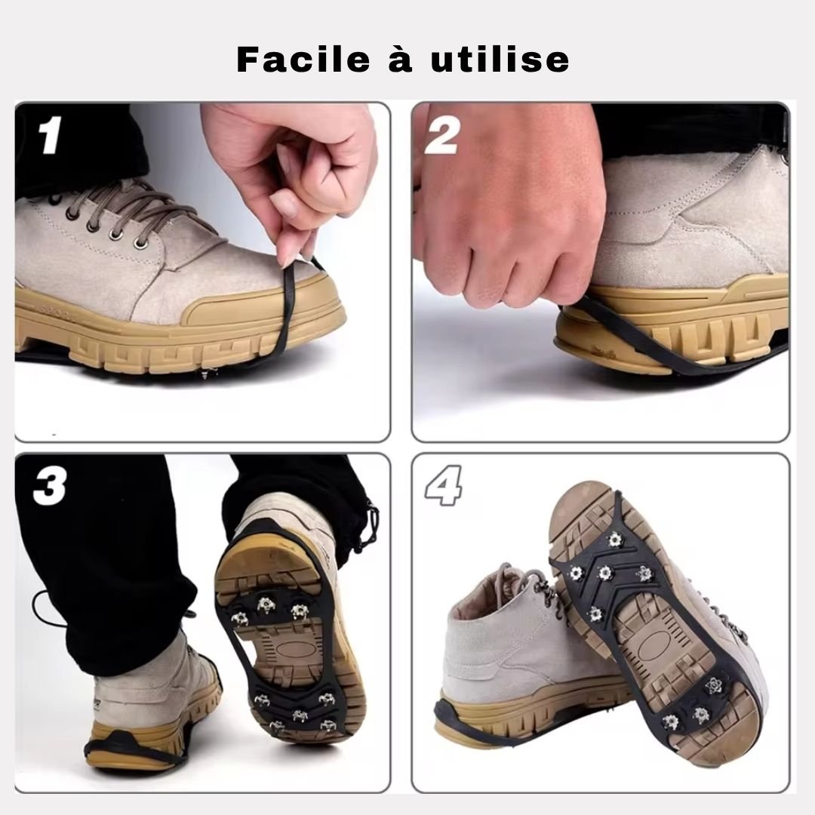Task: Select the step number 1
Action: click(x=49, y=136)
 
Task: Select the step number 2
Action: click(x=441, y=136)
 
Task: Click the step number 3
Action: click(x=49, y=487)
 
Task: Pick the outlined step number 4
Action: click(x=443, y=487)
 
